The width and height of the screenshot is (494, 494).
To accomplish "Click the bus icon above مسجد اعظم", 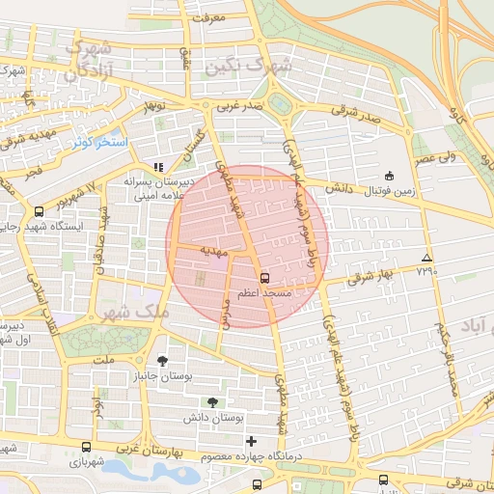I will click(265, 277).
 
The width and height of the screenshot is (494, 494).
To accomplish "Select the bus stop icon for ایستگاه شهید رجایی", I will click(39, 211).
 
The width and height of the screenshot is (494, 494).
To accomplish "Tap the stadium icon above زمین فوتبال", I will click(389, 176).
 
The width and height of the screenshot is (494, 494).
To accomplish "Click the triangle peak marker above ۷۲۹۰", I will click(426, 258).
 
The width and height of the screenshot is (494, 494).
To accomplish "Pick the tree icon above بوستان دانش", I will click(211, 401).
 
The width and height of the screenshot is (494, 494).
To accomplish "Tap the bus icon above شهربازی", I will click(87, 448).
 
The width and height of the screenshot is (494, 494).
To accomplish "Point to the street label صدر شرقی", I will click(357, 112).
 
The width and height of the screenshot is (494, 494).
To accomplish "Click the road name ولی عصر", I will click(437, 156).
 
